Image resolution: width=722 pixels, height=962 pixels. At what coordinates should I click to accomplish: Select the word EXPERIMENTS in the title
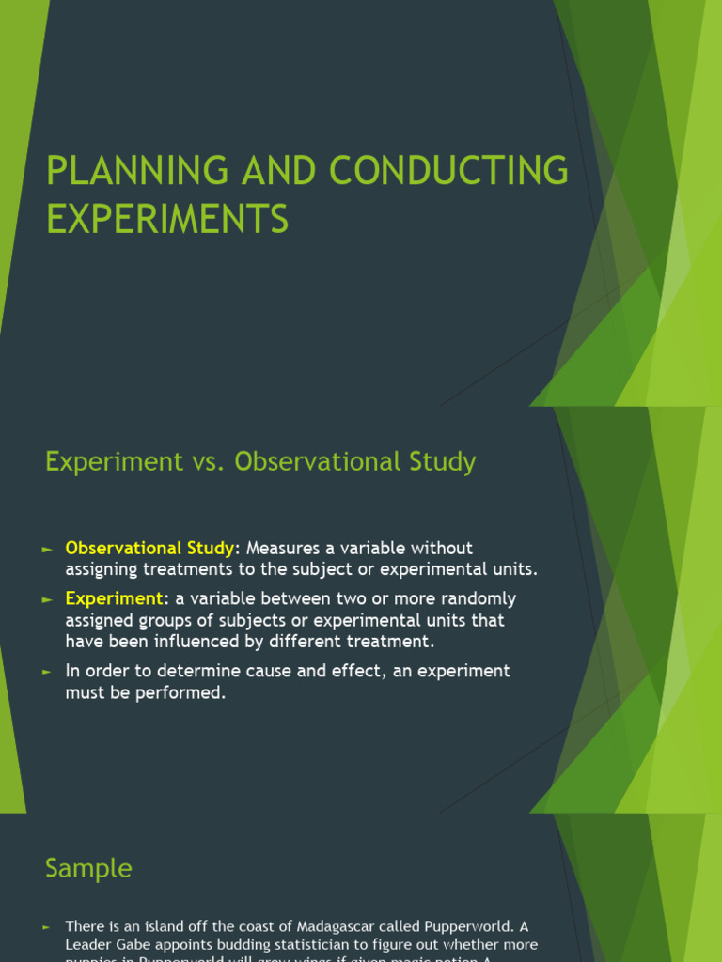[x=166, y=220]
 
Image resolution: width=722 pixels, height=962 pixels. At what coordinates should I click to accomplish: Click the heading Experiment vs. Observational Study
[x=260, y=462]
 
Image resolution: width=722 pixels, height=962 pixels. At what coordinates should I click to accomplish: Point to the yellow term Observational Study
[x=149, y=548]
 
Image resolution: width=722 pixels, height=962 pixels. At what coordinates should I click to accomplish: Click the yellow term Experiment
[x=114, y=598]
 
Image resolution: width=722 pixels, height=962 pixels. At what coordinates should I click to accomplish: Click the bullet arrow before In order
[x=48, y=672]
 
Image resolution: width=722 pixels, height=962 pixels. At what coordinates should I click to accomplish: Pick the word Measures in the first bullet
[x=283, y=548]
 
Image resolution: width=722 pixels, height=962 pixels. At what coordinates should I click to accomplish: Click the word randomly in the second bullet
[x=479, y=598]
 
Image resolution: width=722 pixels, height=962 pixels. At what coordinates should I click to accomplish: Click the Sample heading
[x=88, y=869]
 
